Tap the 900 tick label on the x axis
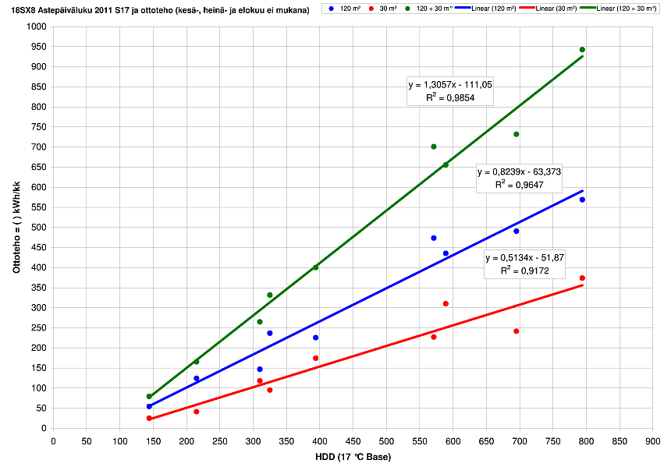(x=652, y=441)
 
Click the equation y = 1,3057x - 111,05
(x=450, y=84)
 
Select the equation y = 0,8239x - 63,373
(x=519, y=172)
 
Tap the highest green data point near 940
(x=582, y=50)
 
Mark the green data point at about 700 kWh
(x=434, y=147)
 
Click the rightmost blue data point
(x=582, y=200)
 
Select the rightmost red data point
(x=582, y=278)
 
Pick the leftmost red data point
(x=149, y=418)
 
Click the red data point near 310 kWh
(x=446, y=303)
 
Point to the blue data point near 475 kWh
(x=434, y=238)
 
